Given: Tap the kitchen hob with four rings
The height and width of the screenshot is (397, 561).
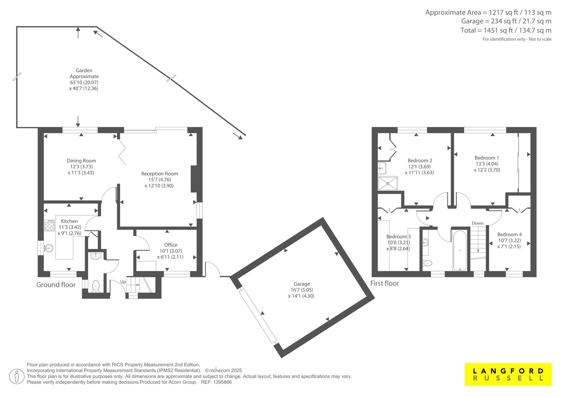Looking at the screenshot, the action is point(49,225).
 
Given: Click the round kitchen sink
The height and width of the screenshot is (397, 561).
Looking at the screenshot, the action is point(49,248).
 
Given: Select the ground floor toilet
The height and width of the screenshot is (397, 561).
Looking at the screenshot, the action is point(96,286).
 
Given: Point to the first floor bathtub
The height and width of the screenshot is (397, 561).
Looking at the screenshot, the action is point(460,251).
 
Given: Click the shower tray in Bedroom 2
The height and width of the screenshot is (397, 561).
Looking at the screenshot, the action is point(388,183).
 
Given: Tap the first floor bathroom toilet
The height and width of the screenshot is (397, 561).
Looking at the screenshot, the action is point(427,263).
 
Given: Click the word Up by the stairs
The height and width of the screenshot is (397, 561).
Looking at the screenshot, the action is point(123,282).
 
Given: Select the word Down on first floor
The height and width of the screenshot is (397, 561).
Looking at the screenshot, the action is point(477,223).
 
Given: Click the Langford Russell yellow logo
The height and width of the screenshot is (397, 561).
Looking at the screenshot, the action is point(508,374).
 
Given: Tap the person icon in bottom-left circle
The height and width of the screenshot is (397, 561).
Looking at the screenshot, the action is point(16,376).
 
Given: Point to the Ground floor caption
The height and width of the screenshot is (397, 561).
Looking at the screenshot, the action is point(56,285).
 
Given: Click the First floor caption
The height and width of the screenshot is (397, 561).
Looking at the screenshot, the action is point(384,283).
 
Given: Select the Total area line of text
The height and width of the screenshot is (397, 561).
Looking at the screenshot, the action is point(506,30).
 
